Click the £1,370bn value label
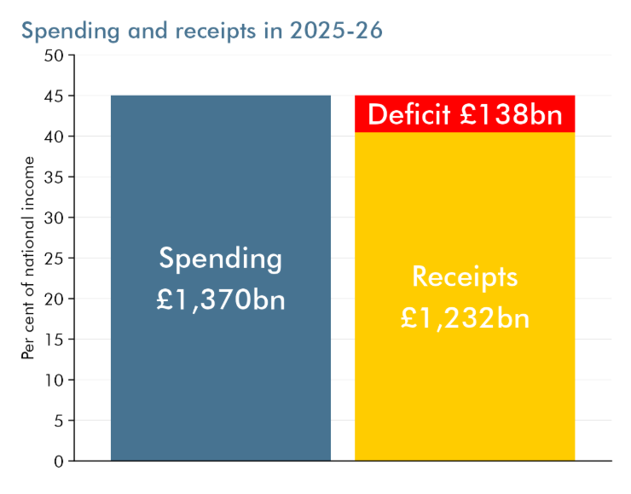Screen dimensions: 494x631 coord(221,300)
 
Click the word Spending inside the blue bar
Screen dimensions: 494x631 coord(221,258)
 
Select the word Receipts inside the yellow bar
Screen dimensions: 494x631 coord(465,276)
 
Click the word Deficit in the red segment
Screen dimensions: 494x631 coord(409,114)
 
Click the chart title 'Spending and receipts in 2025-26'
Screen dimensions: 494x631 coord(202,31)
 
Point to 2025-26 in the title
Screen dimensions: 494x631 coord(336,31)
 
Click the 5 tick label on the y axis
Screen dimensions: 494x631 coord(58,420)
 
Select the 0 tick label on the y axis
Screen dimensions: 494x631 coord(58,461)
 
